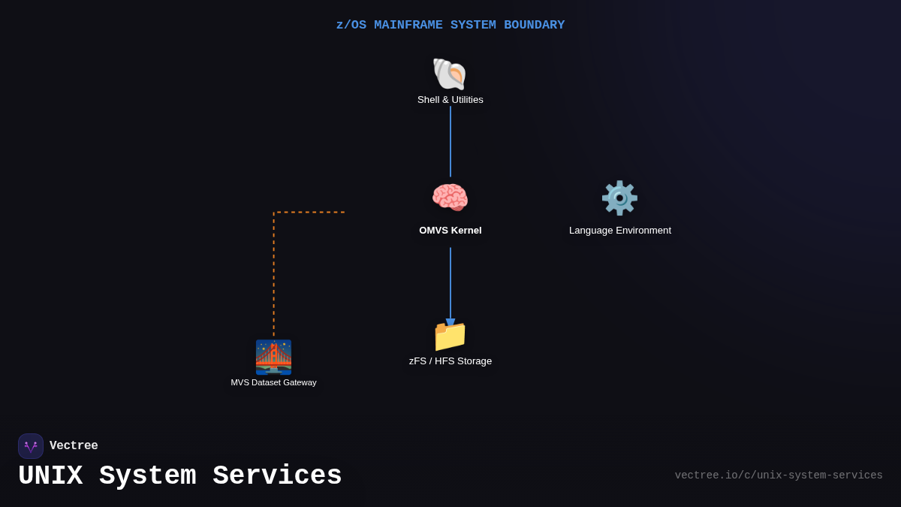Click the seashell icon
coord(450,74)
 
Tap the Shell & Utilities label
coord(450,100)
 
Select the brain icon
coord(450,198)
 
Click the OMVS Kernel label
coord(450,231)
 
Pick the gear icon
coord(619,198)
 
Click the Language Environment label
coord(620,231)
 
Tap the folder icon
coord(450,336)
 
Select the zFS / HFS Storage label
coord(450,361)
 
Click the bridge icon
coord(273,357)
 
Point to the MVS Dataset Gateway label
coord(273,382)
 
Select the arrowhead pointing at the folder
coord(450,323)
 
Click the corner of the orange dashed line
coord(274,213)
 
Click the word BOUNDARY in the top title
coord(534,25)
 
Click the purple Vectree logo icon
coord(31,446)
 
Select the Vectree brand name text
coord(74,446)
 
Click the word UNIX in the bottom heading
coord(50,476)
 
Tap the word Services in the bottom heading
coord(277,476)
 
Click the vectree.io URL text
coord(779,475)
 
